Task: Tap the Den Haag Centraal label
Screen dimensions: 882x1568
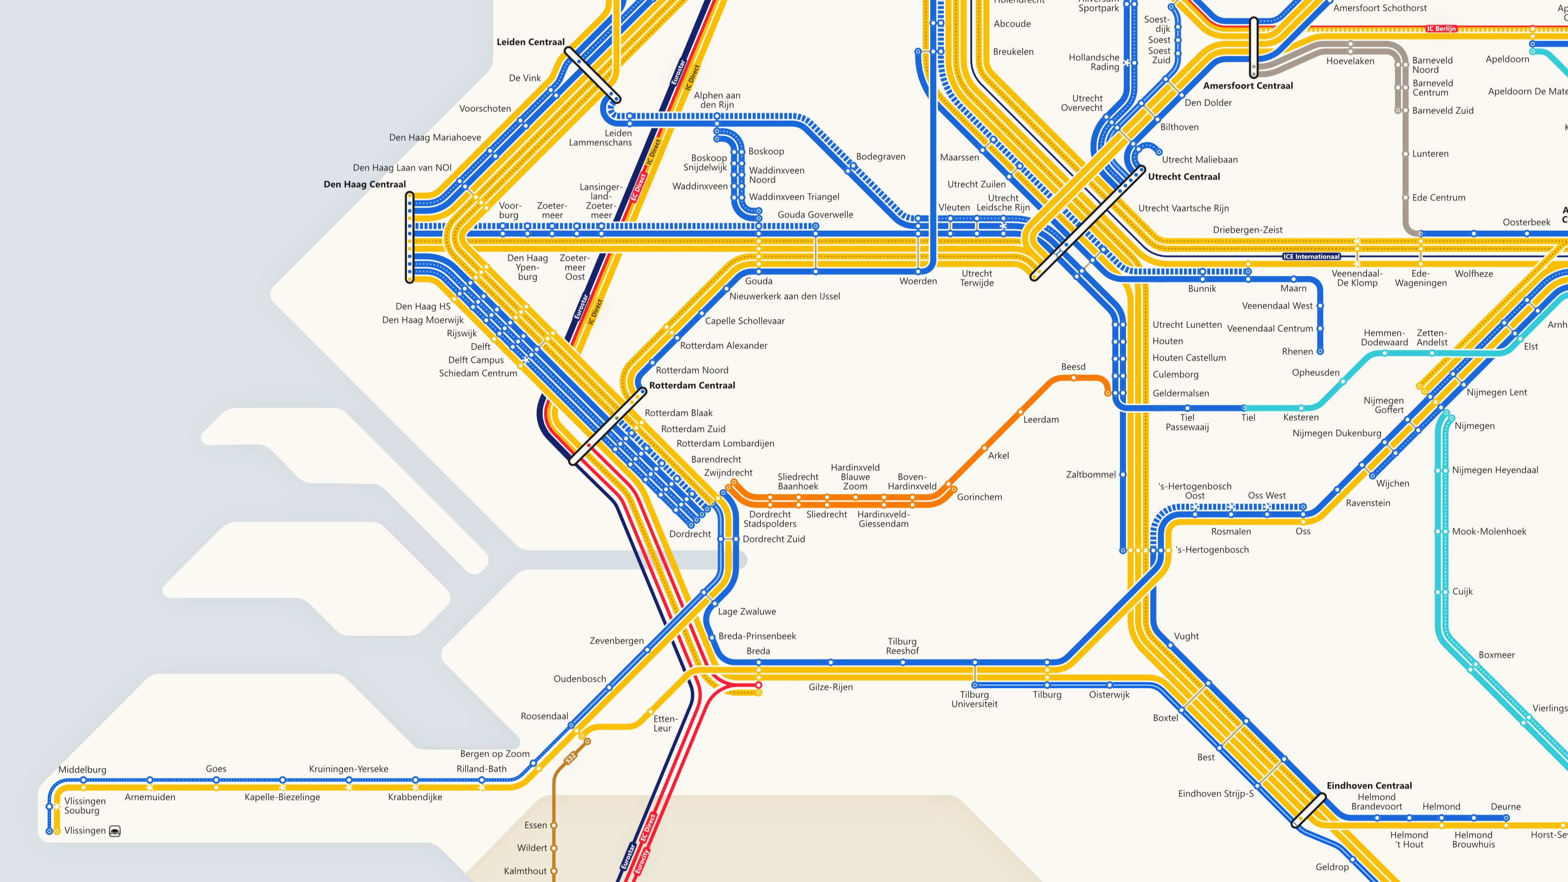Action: click(365, 184)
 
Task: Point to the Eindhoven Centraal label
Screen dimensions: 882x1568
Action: click(1369, 786)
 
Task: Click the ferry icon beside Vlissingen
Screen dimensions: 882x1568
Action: click(114, 831)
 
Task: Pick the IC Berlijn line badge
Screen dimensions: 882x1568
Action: click(1441, 28)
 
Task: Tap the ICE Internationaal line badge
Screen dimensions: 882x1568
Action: click(1311, 257)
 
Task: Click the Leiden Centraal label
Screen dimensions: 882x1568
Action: click(530, 42)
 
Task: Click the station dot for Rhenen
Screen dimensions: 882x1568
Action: click(1320, 351)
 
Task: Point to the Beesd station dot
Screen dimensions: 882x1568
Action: click(1073, 378)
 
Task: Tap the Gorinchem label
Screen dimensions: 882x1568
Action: click(979, 497)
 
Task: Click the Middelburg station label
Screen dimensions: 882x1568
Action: click(82, 770)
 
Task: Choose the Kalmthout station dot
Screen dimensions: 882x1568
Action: click(553, 871)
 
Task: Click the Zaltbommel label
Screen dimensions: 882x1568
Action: click(1091, 475)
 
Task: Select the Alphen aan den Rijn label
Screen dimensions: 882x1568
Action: click(717, 100)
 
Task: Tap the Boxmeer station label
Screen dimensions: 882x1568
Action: click(1496, 655)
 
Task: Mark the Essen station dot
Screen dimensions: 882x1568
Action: click(553, 825)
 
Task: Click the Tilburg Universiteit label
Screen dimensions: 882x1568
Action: click(974, 699)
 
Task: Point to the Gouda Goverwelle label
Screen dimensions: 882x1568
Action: click(815, 215)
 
